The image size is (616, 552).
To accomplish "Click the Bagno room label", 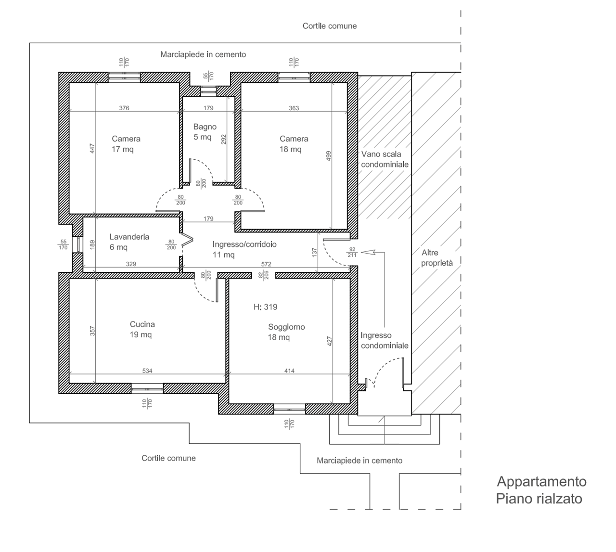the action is click(x=205, y=127).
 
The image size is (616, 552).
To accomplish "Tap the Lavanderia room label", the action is click(x=129, y=237).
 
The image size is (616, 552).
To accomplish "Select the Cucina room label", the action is click(x=142, y=324).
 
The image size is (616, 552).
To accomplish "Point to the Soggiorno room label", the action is click(x=286, y=327).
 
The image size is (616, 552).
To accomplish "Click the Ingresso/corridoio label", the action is click(x=244, y=244).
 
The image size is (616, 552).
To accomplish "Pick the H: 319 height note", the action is click(x=265, y=307).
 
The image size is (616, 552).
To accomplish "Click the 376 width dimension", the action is click(x=124, y=108).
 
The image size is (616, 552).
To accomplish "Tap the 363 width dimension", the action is click(x=294, y=108).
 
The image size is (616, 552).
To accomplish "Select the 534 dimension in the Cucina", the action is click(x=147, y=371).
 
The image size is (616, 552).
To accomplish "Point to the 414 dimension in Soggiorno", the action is click(x=289, y=371).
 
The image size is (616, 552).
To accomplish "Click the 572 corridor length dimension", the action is click(x=266, y=264).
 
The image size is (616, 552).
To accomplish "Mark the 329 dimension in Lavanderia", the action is click(x=131, y=264).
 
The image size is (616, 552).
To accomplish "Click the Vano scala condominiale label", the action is click(x=385, y=159).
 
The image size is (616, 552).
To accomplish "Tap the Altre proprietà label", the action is click(x=437, y=257).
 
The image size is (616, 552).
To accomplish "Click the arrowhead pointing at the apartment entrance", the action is click(x=367, y=252).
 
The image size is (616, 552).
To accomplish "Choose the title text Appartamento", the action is click(x=541, y=481).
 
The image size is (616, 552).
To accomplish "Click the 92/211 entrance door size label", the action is click(x=351, y=252).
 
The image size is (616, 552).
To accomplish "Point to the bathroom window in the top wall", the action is click(x=209, y=90).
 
